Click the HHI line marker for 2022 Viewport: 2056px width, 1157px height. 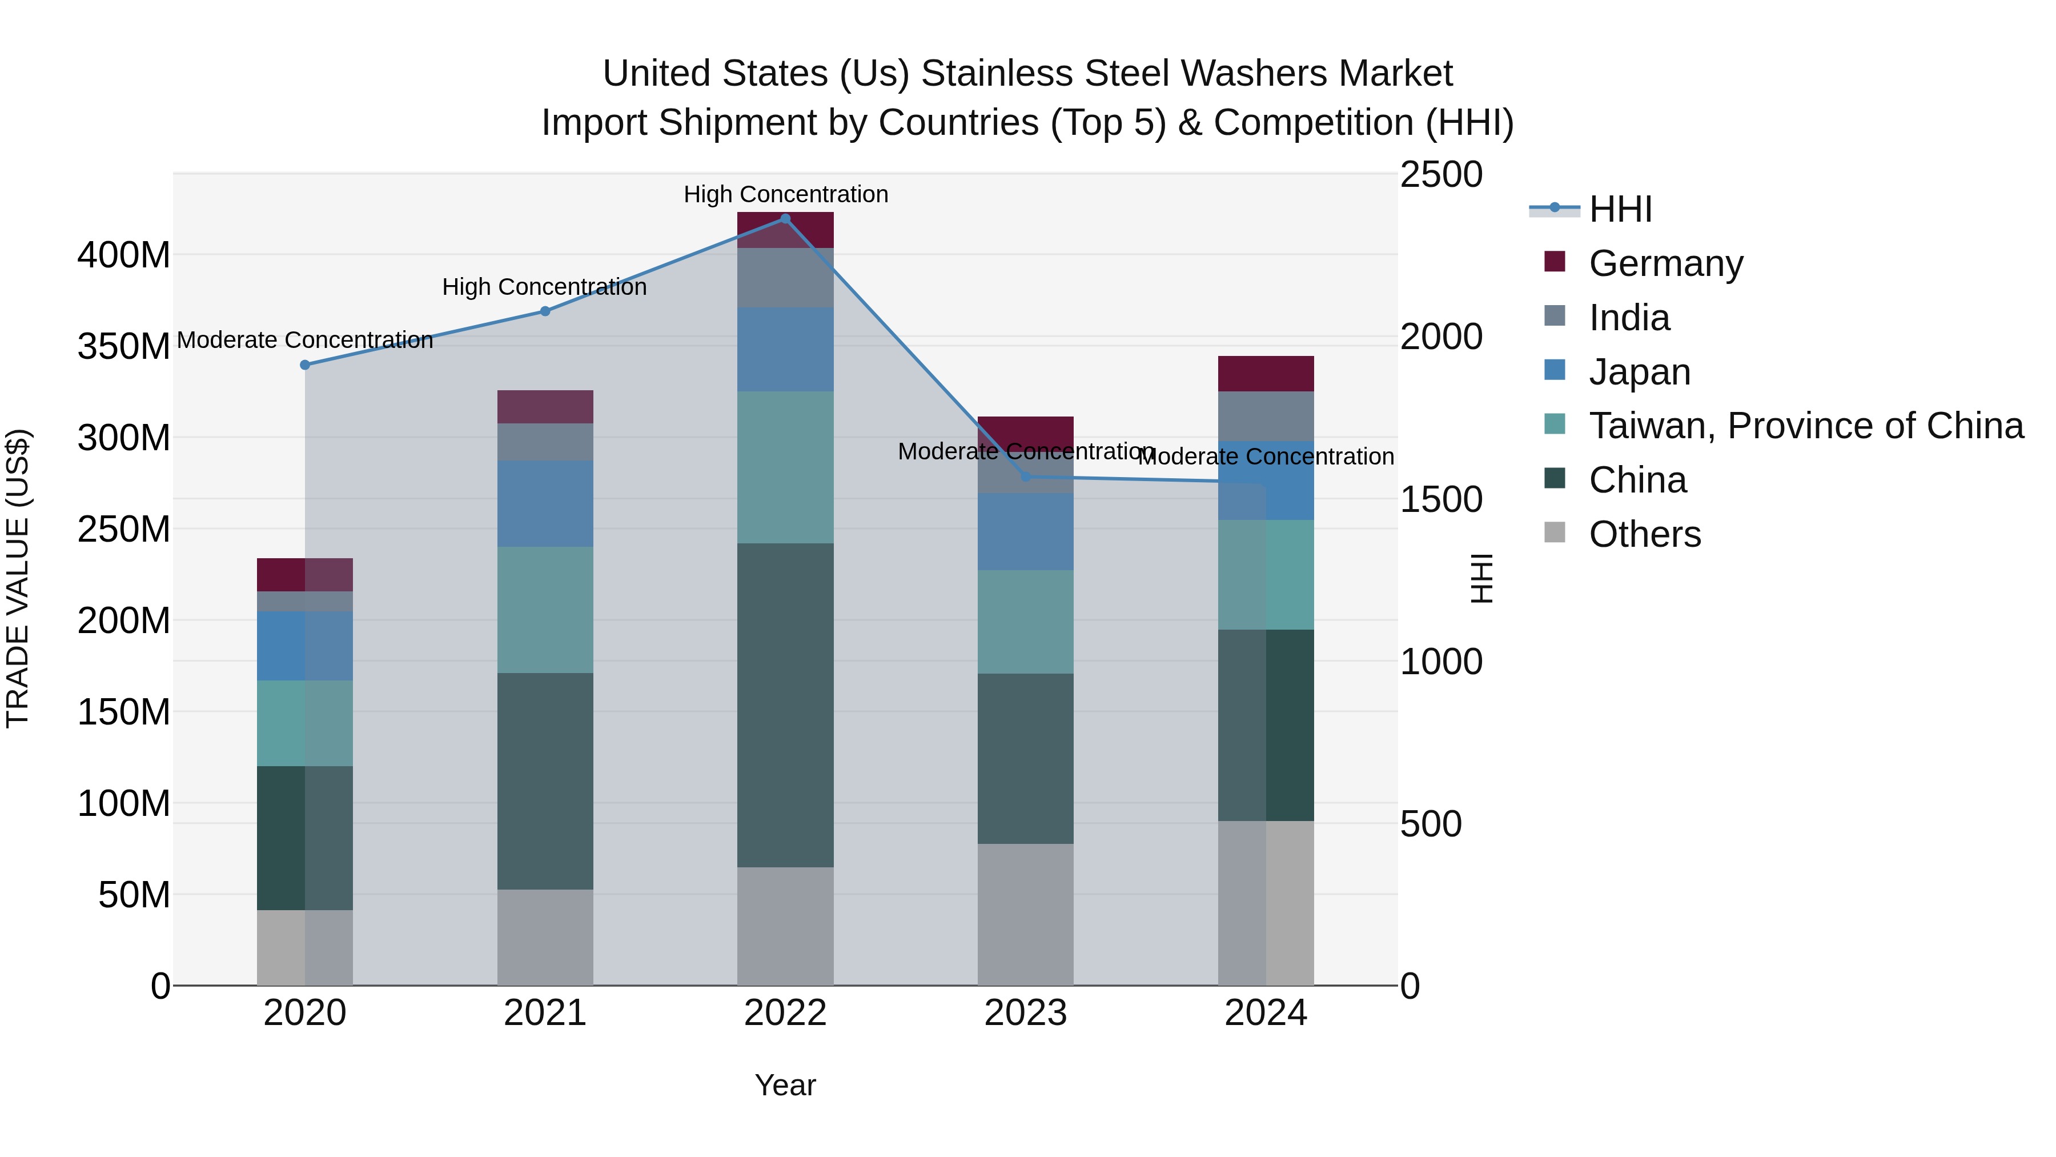click(785, 219)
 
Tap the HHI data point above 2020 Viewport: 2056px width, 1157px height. click(305, 365)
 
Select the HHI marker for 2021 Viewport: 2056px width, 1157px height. click(545, 311)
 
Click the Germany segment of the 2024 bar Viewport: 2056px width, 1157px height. click(1266, 374)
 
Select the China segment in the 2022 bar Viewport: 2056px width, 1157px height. click(785, 705)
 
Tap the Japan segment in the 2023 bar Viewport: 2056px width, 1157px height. click(1026, 532)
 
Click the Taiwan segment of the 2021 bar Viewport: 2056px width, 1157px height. click(545, 610)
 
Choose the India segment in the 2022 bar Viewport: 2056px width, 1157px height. click(785, 278)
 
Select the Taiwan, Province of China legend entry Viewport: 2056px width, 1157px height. click(1805, 426)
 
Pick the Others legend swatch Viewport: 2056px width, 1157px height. click(1555, 533)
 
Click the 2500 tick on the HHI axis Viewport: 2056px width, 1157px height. click(1441, 175)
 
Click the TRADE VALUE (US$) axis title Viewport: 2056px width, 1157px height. click(18, 578)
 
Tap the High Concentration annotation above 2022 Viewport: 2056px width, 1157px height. click(785, 195)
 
